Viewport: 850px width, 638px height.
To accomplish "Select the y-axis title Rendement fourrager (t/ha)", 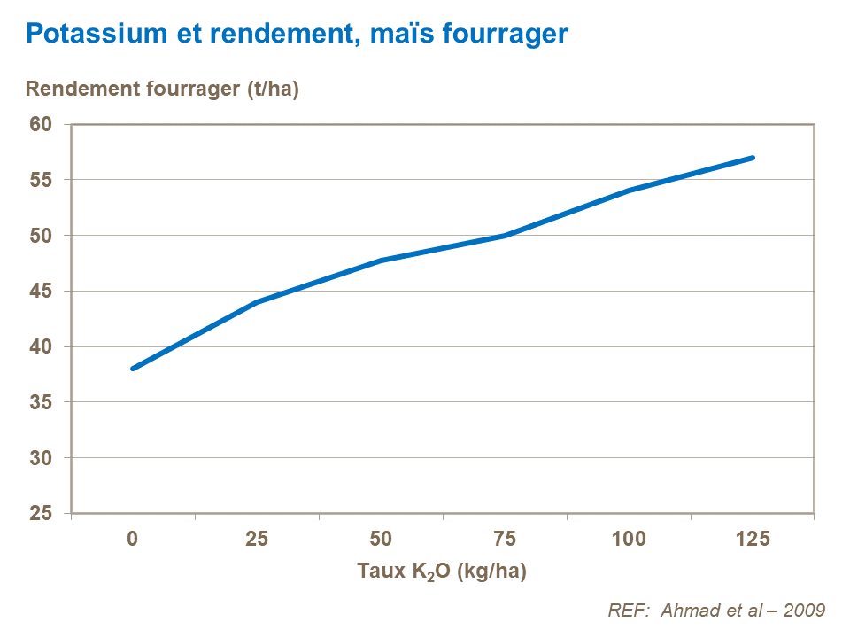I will tap(163, 89).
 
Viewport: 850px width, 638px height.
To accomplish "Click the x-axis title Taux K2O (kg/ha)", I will tap(442, 572).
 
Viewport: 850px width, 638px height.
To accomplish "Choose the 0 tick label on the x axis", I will tap(133, 538).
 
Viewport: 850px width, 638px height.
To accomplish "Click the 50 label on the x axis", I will tap(381, 538).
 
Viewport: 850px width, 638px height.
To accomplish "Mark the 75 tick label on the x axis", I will tap(505, 538).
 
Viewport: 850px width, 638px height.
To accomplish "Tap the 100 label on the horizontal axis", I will tap(629, 538).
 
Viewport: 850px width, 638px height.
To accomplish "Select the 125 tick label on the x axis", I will tap(753, 538).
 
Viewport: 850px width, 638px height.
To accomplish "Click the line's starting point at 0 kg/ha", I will tap(133, 369).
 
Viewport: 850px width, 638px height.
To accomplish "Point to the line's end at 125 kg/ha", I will tap(753, 158).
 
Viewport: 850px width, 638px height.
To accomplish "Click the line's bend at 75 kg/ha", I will tap(505, 236).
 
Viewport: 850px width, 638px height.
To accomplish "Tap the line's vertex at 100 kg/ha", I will tap(629, 191).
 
